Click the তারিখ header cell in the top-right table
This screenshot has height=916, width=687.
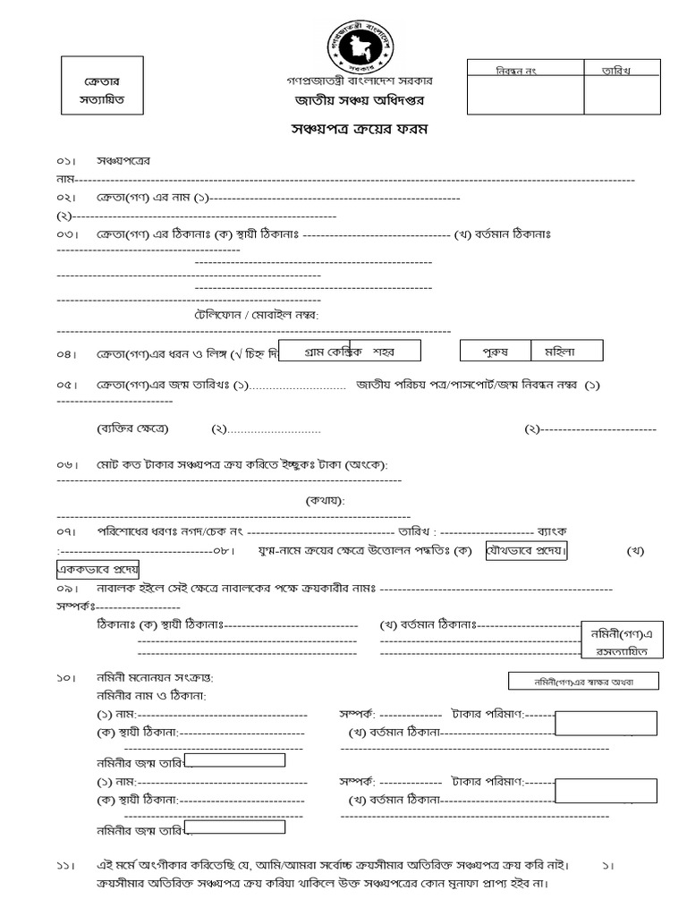tap(622, 70)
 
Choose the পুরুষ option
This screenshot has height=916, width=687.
tap(495, 350)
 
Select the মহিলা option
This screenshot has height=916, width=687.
tap(566, 350)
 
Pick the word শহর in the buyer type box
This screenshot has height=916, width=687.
tap(384, 351)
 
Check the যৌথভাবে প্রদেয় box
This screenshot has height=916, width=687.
tap(526, 550)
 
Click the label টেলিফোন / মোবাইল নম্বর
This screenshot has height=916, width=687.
tap(257, 315)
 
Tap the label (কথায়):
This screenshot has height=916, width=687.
tap(325, 500)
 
